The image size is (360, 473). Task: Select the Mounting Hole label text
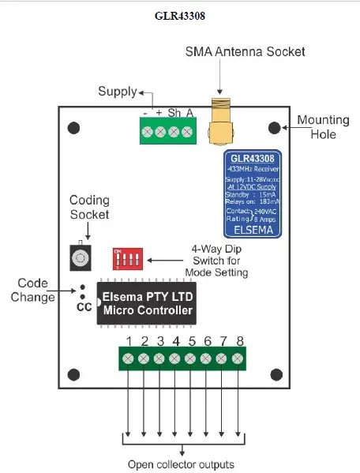click(x=324, y=127)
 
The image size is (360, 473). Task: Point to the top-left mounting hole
click(x=74, y=127)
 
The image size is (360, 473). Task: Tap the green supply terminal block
click(x=167, y=132)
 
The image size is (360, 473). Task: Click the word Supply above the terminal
click(x=118, y=92)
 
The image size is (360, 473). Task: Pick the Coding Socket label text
click(x=90, y=207)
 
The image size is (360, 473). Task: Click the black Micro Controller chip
click(x=148, y=304)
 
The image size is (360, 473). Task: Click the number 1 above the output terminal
click(x=129, y=341)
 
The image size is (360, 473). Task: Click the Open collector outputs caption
click(x=181, y=464)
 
